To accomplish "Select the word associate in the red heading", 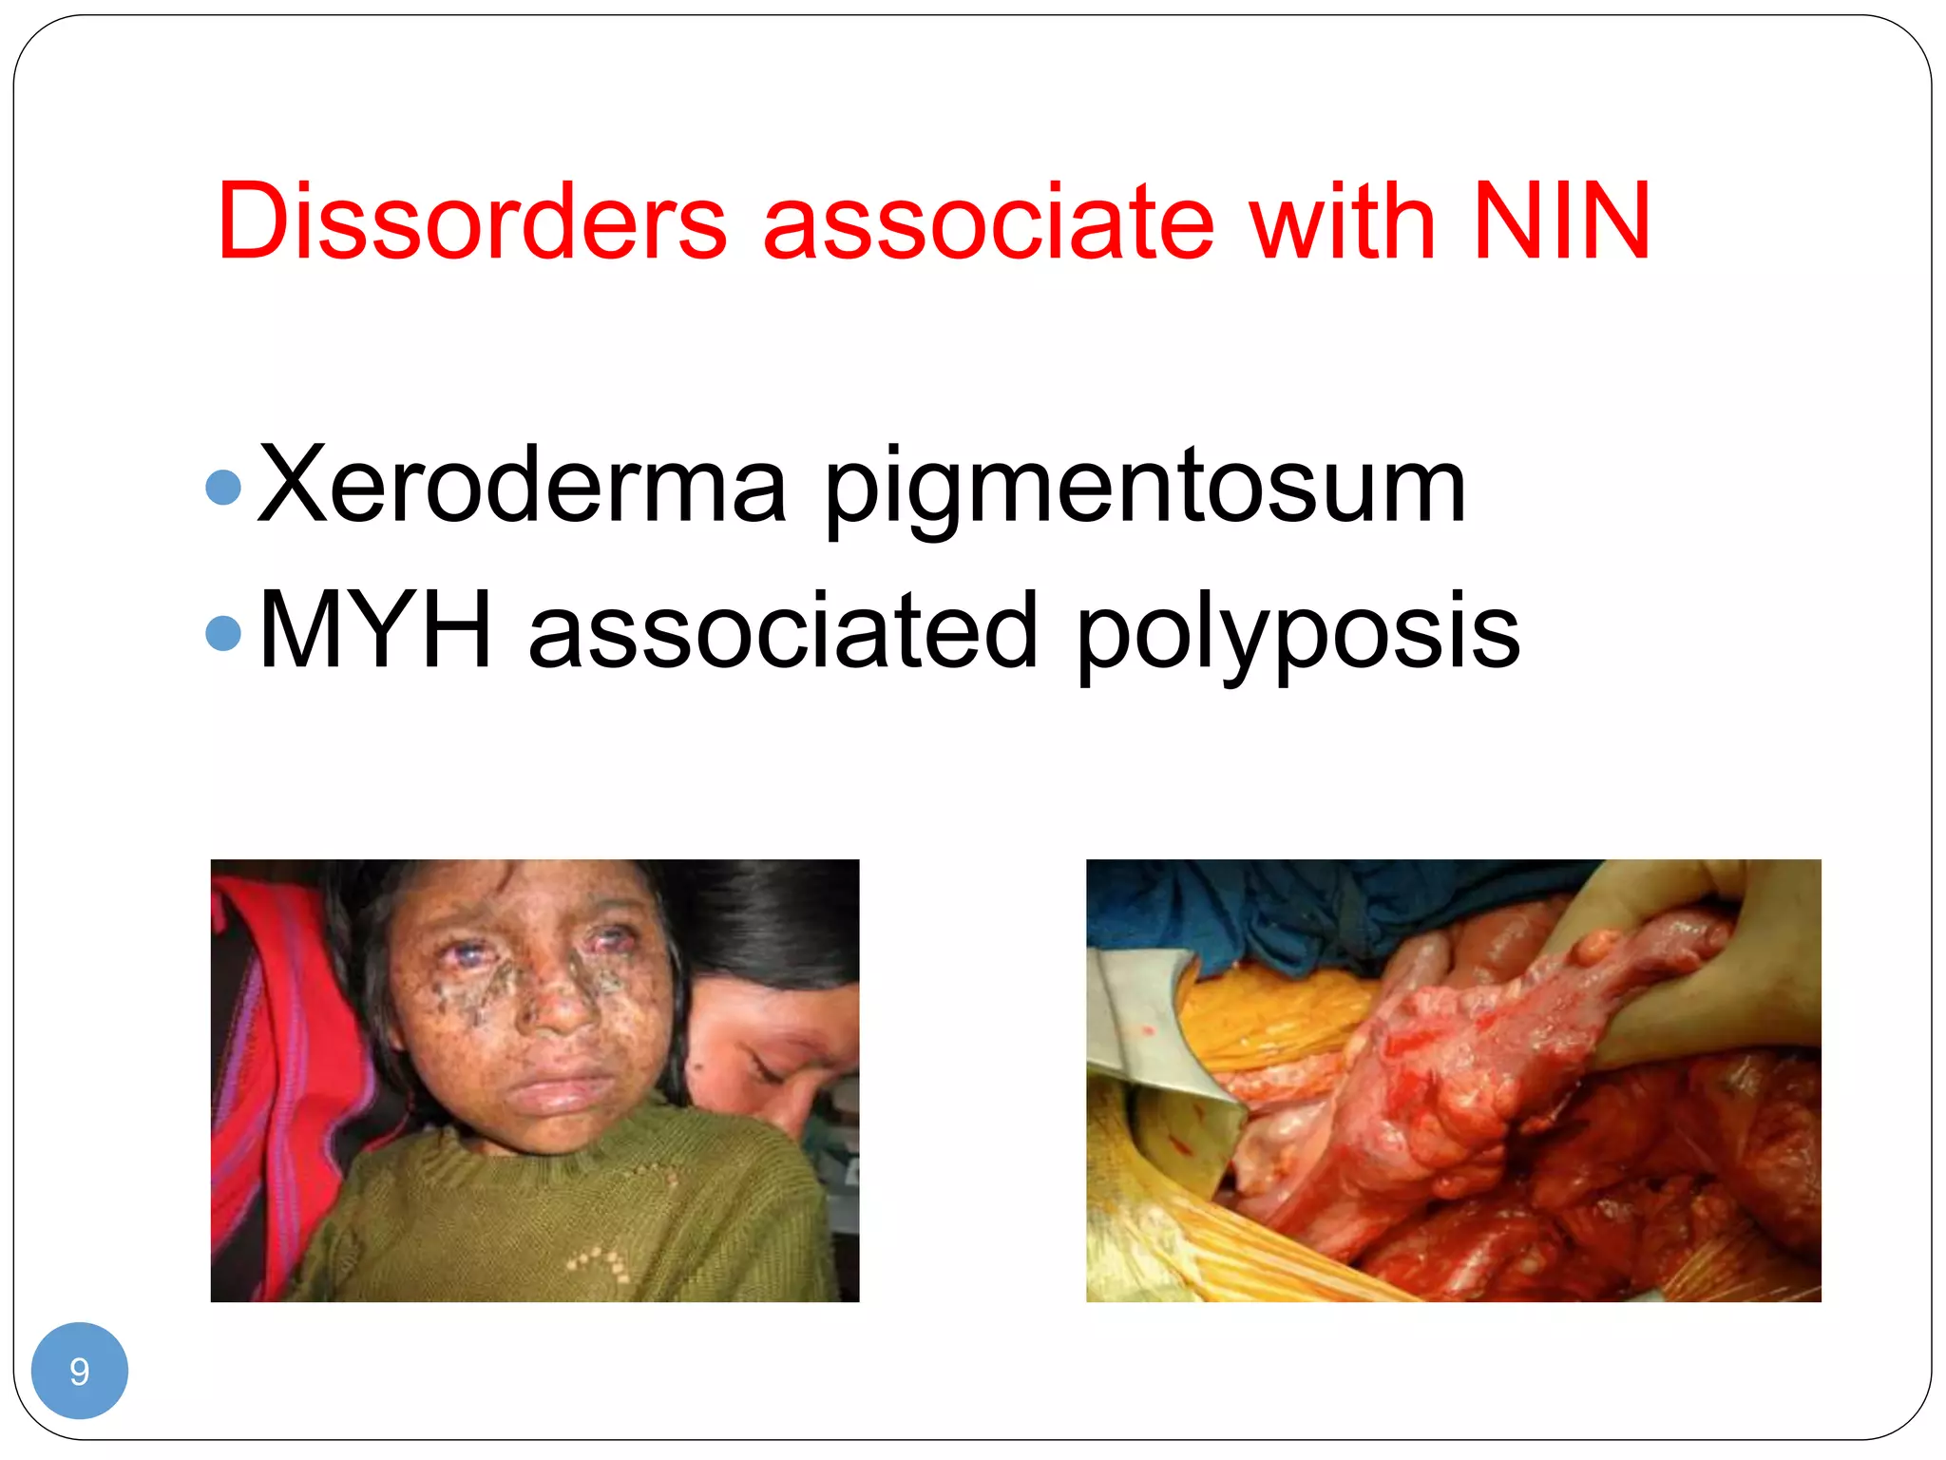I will [988, 221].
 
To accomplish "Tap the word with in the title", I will [1342, 221].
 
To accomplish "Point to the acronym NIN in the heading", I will [1561, 221].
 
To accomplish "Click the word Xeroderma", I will [522, 486].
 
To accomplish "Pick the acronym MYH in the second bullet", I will [375, 631].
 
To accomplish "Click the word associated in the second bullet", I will [783, 631].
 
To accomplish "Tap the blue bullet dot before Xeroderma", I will [223, 488].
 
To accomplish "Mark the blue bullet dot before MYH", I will [223, 634].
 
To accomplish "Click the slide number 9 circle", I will [80, 1371].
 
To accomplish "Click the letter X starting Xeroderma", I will [292, 486].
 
